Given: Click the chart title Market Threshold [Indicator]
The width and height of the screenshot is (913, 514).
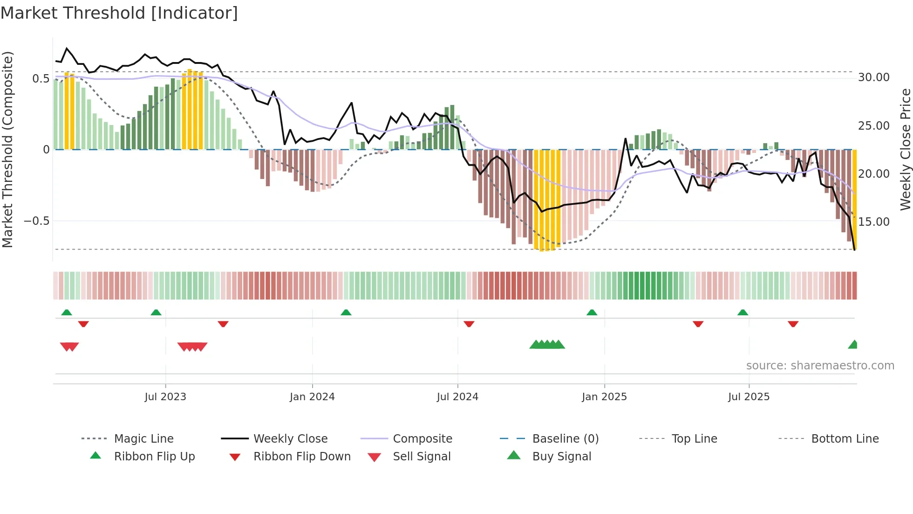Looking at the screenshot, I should (x=119, y=13).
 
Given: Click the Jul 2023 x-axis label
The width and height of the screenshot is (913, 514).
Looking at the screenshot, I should (x=165, y=397).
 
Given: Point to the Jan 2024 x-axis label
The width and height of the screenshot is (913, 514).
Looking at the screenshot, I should (x=312, y=397).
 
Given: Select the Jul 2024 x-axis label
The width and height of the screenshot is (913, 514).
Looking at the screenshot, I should (x=457, y=397).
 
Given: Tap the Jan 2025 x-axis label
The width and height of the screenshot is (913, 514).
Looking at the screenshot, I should (x=604, y=397).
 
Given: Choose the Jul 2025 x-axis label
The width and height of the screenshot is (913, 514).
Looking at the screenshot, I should (x=749, y=397).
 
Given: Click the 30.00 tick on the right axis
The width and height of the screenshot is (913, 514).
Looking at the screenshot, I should (x=873, y=77).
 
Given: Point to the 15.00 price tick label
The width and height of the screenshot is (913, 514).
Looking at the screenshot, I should (x=873, y=222).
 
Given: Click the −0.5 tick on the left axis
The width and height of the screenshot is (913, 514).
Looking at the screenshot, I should (x=37, y=221).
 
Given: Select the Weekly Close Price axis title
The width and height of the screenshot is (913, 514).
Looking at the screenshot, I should (x=905, y=149).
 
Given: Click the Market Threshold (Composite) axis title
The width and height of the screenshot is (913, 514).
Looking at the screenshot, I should (x=7, y=149).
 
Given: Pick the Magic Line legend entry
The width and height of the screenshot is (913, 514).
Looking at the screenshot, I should (x=143, y=439).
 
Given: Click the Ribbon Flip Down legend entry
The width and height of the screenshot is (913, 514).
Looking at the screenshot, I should (x=301, y=457).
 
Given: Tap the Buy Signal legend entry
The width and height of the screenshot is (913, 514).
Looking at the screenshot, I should (x=561, y=457).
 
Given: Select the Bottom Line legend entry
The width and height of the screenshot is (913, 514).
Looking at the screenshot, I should (x=845, y=439).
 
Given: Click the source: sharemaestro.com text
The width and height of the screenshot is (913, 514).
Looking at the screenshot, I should (x=820, y=366).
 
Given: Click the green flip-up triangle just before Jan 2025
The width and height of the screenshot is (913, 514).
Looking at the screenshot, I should (x=592, y=313).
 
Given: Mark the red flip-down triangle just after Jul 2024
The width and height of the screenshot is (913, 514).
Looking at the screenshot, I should (x=469, y=324).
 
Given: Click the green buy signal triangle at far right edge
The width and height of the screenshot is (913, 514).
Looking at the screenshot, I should (x=853, y=345).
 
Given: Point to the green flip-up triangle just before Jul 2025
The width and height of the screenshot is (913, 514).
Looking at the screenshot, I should (x=743, y=313).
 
